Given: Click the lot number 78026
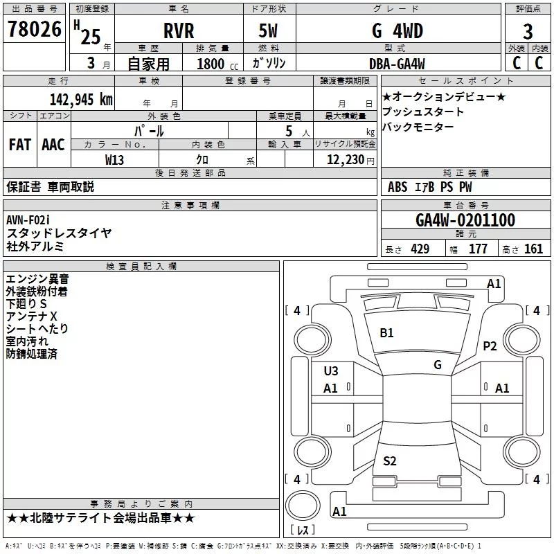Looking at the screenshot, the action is tap(35, 29).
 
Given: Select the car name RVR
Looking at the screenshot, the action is tap(179, 30).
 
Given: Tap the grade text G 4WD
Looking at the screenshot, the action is tap(397, 30).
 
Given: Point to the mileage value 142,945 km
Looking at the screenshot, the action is tap(81, 100).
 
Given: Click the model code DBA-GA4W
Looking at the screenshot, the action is tap(397, 64).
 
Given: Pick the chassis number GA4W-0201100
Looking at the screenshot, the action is tap(465, 220).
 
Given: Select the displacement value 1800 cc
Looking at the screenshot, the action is tap(217, 64).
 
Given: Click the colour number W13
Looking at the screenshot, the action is tap(114, 160).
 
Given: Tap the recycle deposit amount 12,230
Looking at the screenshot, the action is tap(346, 160).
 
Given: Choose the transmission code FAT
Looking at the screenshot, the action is tap(20, 145).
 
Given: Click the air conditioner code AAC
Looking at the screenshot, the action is tap(53, 145).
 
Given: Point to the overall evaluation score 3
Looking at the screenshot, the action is tap(528, 32).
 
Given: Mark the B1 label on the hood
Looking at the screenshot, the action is tap(386, 333).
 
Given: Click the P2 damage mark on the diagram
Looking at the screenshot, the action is tap(490, 346).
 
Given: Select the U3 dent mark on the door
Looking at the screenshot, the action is tap(331, 371).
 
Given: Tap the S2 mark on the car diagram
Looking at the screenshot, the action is tap(390, 461).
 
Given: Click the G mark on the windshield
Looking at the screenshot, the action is tap(438, 365).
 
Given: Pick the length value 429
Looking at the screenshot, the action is tap(420, 249).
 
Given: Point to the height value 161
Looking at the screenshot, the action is tap(533, 249).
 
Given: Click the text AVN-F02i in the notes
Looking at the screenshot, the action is tap(28, 220).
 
